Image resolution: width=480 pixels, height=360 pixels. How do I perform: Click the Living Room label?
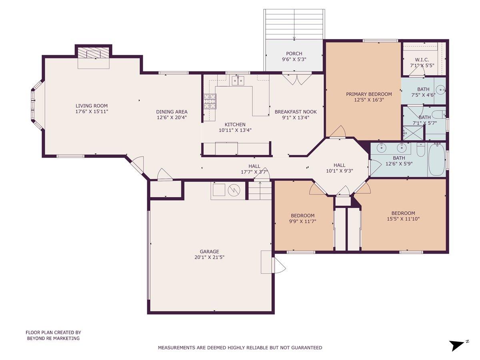[x=92, y=106]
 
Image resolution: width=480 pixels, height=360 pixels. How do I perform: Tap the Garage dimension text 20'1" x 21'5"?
[x=209, y=257]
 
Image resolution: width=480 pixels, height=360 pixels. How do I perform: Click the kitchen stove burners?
[x=210, y=102]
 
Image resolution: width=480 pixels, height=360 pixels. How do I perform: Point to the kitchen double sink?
[x=238, y=81]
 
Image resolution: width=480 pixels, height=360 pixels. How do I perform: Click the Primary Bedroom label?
[x=369, y=94]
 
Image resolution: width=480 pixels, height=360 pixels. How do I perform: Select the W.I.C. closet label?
[x=422, y=60]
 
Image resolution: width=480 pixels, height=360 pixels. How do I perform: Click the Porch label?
[x=294, y=54]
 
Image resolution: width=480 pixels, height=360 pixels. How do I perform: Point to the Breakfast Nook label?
[x=296, y=112]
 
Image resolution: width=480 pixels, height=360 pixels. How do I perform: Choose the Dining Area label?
[x=172, y=112]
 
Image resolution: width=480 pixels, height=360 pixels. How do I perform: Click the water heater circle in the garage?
[x=234, y=190]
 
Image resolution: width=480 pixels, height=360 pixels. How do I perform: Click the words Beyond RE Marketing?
[x=53, y=338]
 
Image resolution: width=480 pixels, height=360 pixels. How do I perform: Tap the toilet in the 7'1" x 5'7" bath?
[x=439, y=114]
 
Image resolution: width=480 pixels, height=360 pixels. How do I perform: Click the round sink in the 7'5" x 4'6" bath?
[x=440, y=90]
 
